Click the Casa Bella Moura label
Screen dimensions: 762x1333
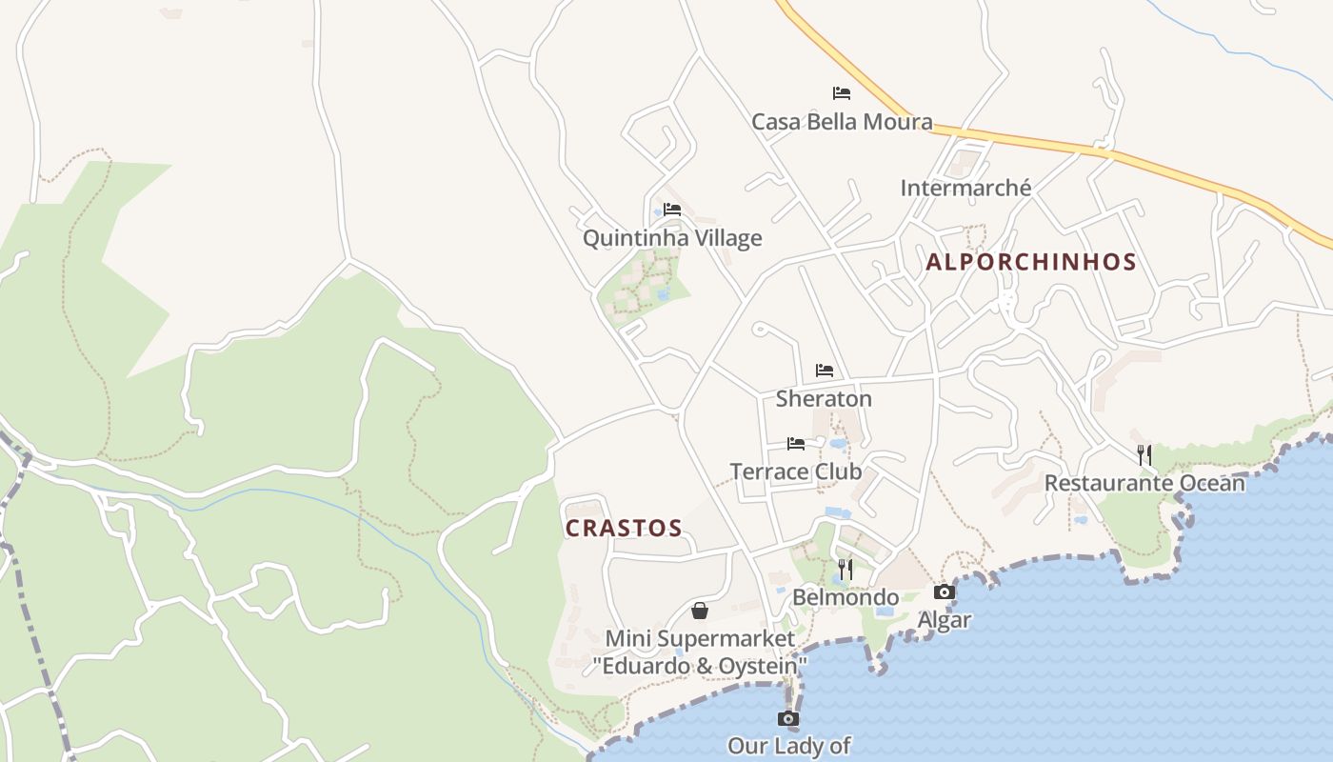click(x=842, y=122)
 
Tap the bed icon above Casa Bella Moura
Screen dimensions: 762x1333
click(x=842, y=93)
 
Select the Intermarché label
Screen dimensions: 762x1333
click(x=965, y=188)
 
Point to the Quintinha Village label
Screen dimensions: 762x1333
click(x=672, y=237)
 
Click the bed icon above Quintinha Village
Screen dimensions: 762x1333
click(x=672, y=210)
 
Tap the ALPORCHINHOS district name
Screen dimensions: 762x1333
click(x=1031, y=262)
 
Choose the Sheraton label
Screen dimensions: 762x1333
click(x=824, y=398)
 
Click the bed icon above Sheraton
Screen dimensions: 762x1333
click(x=825, y=371)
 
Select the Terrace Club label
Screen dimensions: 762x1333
click(x=796, y=471)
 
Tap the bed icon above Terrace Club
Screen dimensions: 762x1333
click(x=796, y=444)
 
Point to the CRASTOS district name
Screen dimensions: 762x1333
click(x=624, y=528)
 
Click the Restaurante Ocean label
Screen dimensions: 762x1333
click(x=1144, y=483)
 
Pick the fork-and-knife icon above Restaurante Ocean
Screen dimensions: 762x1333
click(x=1144, y=455)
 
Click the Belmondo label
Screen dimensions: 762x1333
click(x=846, y=597)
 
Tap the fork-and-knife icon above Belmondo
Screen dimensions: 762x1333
click(x=846, y=570)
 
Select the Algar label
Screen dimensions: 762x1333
click(x=944, y=620)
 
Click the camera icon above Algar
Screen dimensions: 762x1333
click(x=944, y=592)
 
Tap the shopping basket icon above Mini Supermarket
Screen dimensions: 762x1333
click(x=700, y=611)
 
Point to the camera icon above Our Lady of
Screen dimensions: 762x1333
click(x=788, y=718)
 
